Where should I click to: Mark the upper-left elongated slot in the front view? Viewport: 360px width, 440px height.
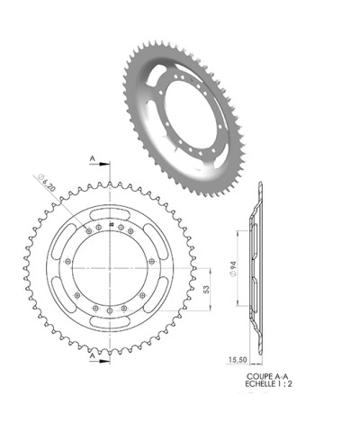(x=63, y=240)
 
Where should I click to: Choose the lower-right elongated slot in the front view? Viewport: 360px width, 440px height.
(x=157, y=295)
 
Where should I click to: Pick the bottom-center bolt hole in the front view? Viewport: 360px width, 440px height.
(x=110, y=310)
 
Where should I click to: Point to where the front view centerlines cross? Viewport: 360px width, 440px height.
(x=110, y=267)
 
